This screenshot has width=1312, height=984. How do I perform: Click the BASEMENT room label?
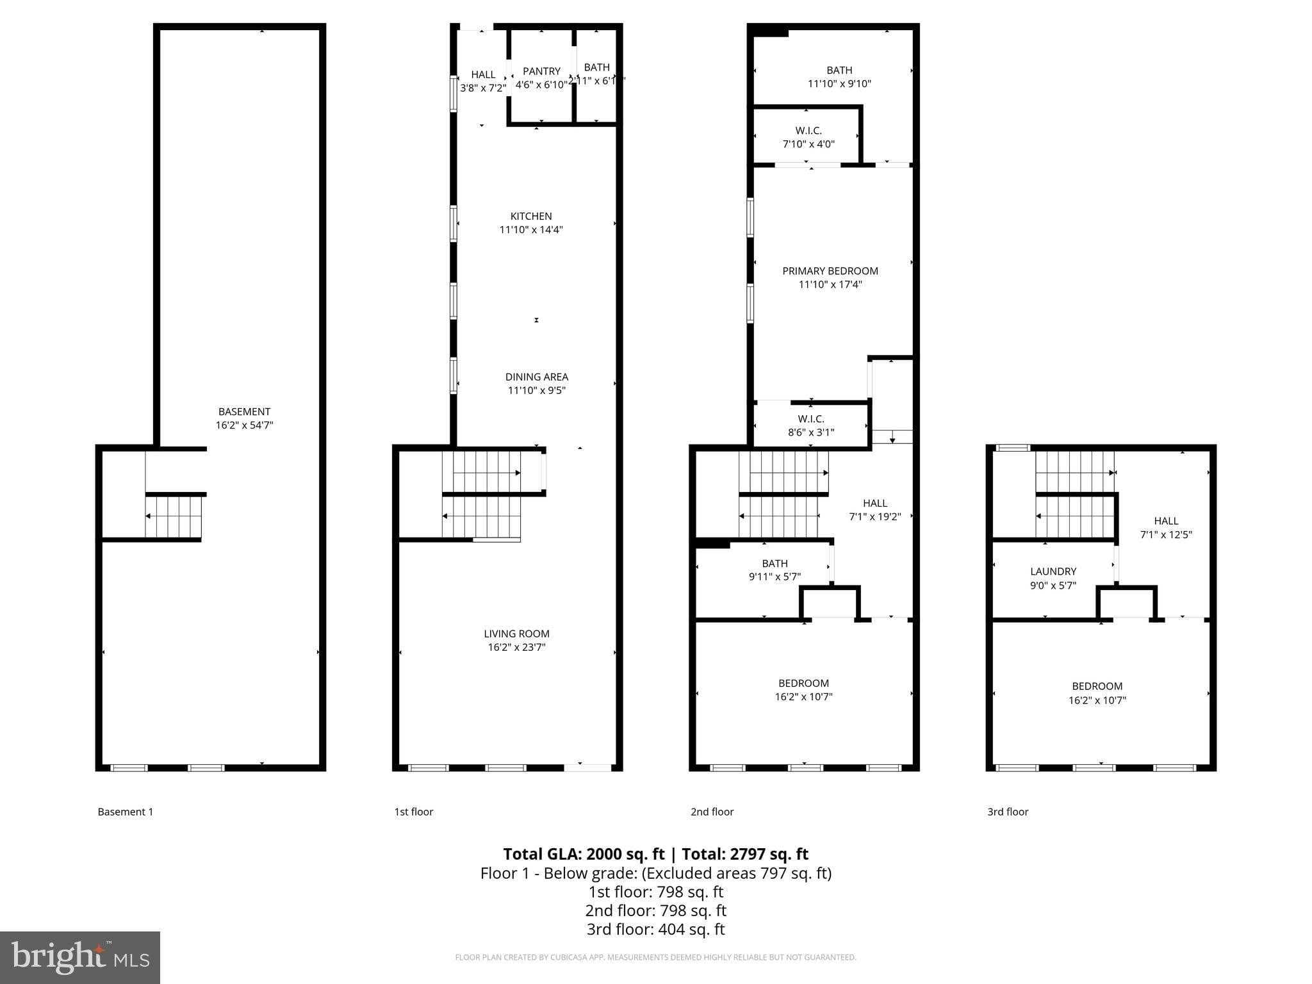(x=244, y=412)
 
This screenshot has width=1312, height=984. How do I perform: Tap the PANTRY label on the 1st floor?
(x=541, y=71)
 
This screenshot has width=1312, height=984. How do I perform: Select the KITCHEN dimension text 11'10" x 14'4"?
(x=531, y=230)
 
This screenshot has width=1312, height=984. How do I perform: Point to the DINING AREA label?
(x=536, y=377)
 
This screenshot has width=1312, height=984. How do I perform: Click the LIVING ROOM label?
(x=516, y=634)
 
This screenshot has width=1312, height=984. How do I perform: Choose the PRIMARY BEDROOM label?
(x=830, y=271)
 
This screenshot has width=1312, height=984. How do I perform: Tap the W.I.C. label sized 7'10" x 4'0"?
(x=808, y=131)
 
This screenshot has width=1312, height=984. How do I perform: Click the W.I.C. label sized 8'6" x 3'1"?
(x=810, y=419)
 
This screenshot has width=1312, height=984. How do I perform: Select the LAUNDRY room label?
(x=1053, y=571)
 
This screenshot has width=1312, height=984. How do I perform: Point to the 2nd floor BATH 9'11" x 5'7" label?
(x=775, y=564)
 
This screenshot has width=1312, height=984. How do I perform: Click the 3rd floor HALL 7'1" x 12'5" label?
(x=1166, y=521)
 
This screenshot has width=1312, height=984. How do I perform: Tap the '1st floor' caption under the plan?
(x=413, y=812)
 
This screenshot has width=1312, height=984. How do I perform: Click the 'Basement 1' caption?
(x=126, y=812)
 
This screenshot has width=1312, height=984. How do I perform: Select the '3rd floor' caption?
(x=1008, y=812)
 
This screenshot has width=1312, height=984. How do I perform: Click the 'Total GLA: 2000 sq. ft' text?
(x=584, y=854)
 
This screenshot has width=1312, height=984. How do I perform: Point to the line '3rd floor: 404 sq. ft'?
(x=655, y=929)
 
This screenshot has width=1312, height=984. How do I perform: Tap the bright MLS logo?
(x=80, y=957)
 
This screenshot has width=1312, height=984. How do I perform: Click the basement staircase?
(x=174, y=516)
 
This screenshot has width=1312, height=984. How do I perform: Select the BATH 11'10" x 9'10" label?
(x=839, y=70)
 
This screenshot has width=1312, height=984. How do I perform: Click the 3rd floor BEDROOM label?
(x=1097, y=686)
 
